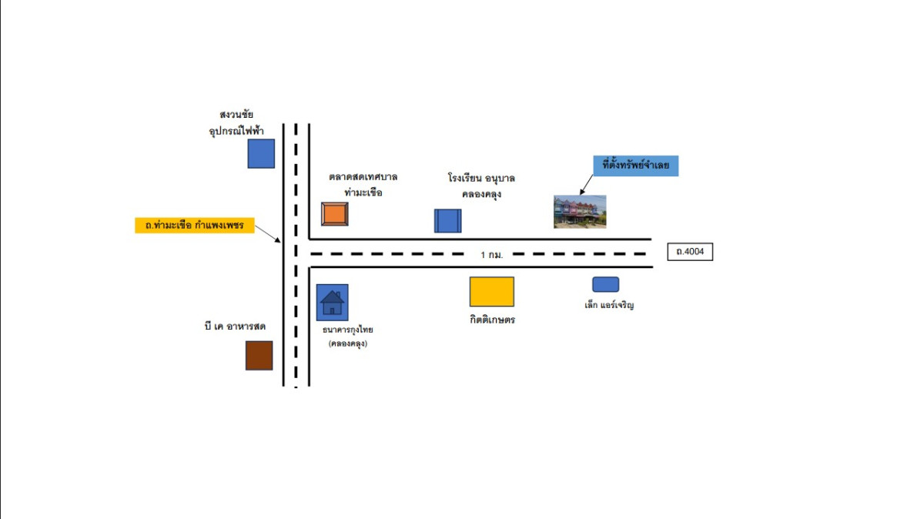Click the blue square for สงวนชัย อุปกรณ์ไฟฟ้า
261,153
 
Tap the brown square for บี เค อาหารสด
259,355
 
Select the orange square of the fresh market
335,214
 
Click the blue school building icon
447,220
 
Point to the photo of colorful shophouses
580,211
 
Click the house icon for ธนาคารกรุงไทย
332,302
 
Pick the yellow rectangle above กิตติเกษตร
491,292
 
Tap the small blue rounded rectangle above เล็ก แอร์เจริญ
605,284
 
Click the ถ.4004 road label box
690,251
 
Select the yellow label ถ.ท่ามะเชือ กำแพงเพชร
194,226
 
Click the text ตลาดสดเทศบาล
363,177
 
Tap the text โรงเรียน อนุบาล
481,178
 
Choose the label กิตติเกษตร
492,320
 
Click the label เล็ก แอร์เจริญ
608,305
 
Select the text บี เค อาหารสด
236,326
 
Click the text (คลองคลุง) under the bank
347,343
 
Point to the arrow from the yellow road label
267,233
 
